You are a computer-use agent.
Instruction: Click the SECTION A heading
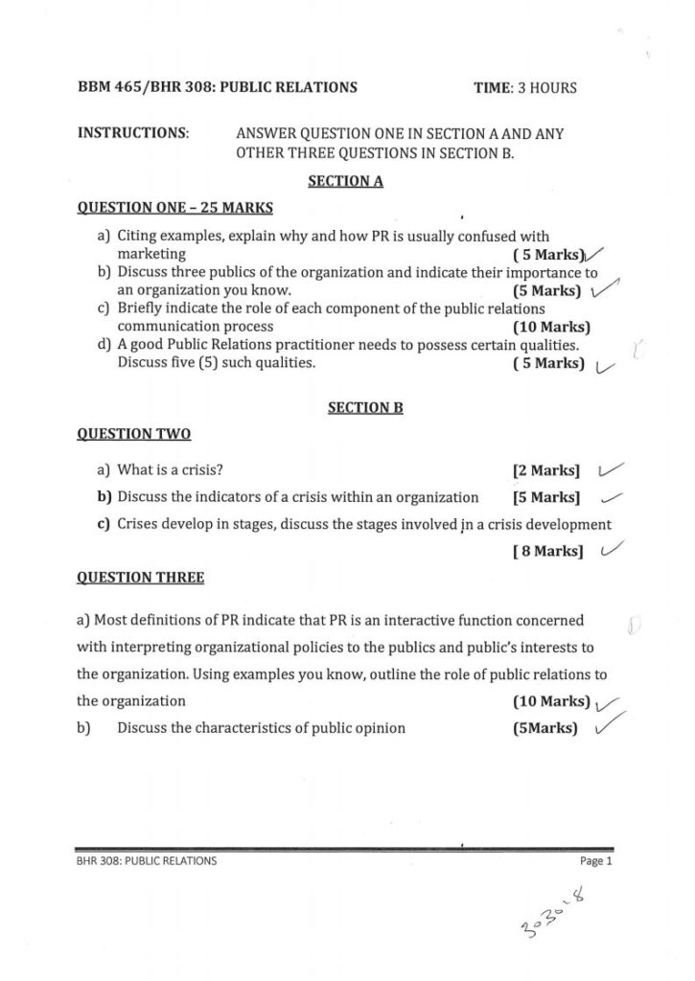[x=346, y=180]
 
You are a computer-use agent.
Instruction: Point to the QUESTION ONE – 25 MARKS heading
[x=174, y=207]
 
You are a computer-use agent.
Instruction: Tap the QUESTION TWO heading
[x=133, y=434]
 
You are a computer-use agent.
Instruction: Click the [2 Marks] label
[x=547, y=470]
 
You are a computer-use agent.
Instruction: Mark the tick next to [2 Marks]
[x=610, y=468]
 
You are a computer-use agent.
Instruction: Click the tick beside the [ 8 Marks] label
[x=610, y=549]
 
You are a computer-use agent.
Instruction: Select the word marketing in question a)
[x=151, y=254]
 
